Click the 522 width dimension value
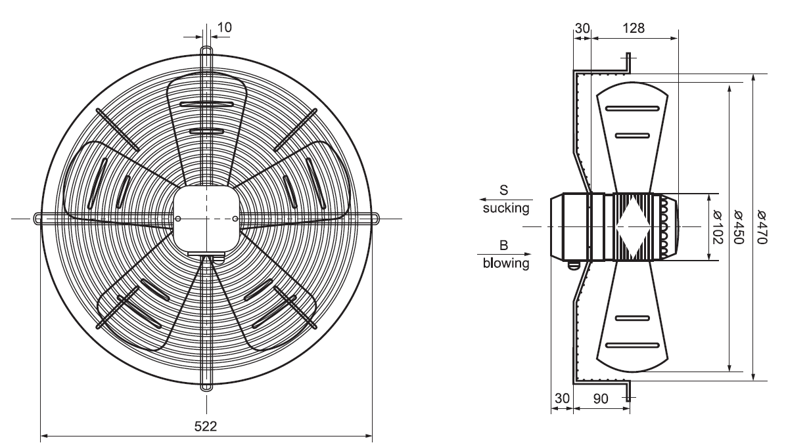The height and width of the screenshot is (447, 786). point(206,425)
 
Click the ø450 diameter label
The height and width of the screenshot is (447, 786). point(738,227)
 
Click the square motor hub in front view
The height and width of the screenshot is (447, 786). point(206,219)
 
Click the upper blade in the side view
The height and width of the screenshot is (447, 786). point(632,131)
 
